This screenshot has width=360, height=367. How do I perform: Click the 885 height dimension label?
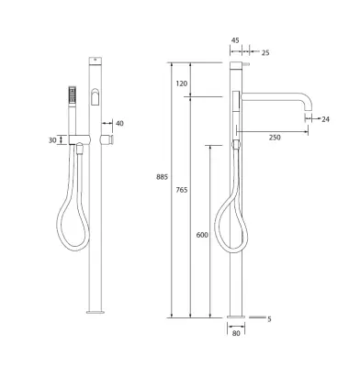coord(162,177)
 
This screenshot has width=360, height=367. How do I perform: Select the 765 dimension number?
coord(182,190)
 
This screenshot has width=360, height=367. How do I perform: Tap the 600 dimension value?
coord(202,235)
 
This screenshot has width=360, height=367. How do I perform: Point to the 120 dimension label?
coord(182,83)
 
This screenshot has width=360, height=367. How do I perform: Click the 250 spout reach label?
coord(275,138)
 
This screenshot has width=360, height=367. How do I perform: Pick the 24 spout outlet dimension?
coord(325,119)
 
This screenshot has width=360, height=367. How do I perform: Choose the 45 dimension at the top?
coord(235,40)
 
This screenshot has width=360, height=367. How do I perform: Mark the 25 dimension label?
coord(265,52)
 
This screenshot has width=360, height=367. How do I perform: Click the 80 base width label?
coord(236,333)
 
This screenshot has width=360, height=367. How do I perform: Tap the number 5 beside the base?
coord(269,319)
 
